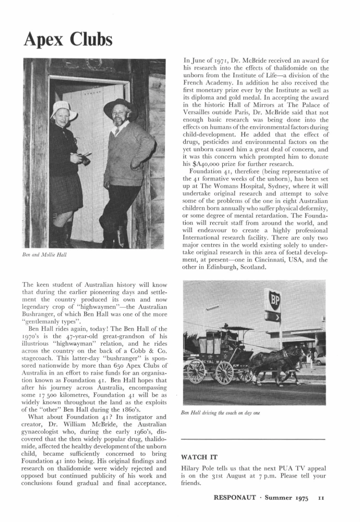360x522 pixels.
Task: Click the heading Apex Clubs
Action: [68, 39]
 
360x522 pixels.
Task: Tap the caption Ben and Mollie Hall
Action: [45, 254]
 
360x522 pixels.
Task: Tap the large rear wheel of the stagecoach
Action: [224, 372]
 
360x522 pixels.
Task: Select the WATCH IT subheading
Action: [199, 456]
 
